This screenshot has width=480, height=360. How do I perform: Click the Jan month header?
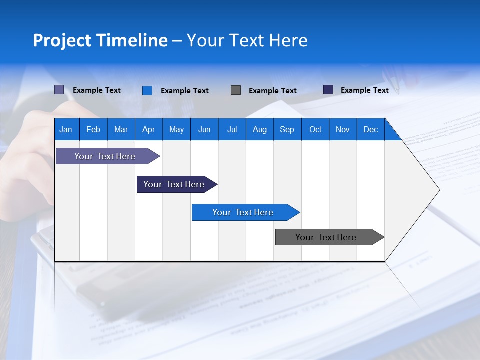[x=66, y=129]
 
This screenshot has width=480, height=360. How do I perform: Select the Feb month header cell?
[x=93, y=129]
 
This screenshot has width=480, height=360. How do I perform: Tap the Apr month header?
[x=148, y=129]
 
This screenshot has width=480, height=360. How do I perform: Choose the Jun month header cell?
[x=204, y=129]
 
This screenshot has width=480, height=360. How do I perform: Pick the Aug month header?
[x=259, y=129]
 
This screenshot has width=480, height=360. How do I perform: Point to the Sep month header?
[x=287, y=129]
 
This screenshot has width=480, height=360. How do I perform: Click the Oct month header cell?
[x=315, y=129]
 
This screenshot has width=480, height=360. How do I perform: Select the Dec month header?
[x=370, y=129]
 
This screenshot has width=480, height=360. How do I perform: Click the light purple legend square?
[x=59, y=90]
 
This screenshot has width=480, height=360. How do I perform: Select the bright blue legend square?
[x=147, y=90]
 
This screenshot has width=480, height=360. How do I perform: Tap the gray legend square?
[x=236, y=90]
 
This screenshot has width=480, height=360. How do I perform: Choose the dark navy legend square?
[x=328, y=90]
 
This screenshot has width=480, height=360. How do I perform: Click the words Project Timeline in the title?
[x=100, y=40]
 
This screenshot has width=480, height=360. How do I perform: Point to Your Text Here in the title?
[x=247, y=40]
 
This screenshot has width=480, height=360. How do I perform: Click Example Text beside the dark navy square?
[x=364, y=90]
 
